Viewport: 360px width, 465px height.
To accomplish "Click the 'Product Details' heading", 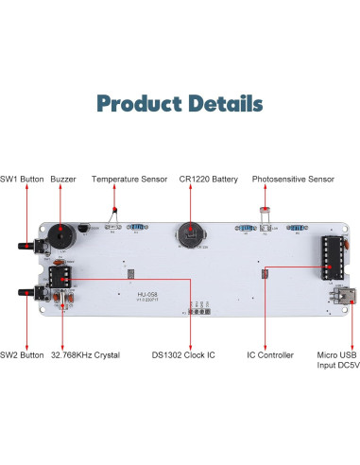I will coord(180,103).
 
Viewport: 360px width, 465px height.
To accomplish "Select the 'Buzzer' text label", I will coord(63,179).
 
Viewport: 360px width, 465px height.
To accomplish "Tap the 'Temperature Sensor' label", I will coord(129,179).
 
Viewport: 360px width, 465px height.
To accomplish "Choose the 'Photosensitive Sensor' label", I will coord(292,179).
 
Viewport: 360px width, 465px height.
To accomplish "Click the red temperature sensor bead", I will coord(114,214).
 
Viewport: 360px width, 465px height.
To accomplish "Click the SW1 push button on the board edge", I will coord(29,247).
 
